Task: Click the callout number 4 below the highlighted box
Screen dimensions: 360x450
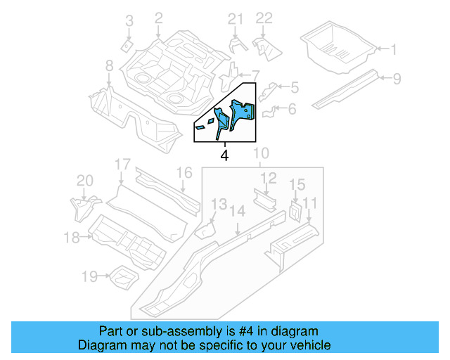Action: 224,155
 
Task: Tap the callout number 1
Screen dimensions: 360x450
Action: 394,49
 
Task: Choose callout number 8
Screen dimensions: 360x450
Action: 109,65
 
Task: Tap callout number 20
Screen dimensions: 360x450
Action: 84,181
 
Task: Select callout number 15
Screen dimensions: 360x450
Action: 297,185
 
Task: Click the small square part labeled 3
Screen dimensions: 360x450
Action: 124,46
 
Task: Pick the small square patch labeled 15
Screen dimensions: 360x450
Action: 295,210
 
